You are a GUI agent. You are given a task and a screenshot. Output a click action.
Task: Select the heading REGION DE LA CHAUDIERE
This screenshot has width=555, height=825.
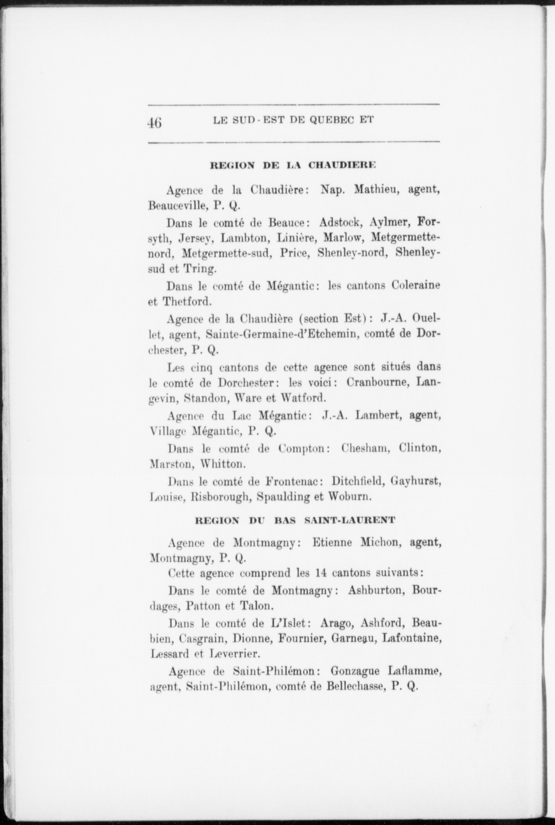tap(293, 165)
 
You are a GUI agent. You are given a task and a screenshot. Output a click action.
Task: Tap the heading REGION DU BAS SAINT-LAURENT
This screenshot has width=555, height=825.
tap(295, 520)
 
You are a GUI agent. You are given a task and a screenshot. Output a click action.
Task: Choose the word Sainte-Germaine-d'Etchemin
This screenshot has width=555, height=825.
tap(282, 334)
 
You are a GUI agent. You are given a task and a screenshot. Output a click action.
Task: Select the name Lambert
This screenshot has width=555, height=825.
tap(379, 415)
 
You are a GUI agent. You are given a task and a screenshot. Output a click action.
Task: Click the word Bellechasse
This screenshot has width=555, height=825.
tap(355, 686)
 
